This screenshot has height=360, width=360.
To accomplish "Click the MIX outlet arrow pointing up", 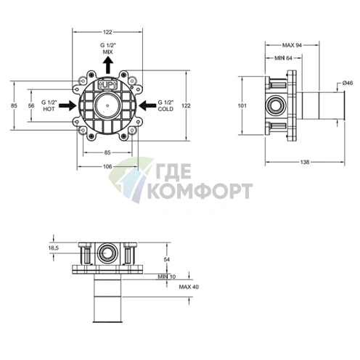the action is tap(108, 65).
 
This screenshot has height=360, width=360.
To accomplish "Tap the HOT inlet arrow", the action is tap(67, 105).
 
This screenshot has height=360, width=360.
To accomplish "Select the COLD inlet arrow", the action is tap(148, 105).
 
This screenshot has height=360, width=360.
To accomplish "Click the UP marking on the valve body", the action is tap(107, 85).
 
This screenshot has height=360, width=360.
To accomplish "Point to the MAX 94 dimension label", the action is tap(292, 45).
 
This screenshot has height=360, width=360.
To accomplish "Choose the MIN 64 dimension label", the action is tap(283, 58).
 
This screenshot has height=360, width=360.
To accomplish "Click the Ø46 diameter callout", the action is tap(348, 83).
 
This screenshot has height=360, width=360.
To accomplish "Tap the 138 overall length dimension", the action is tap(305, 162).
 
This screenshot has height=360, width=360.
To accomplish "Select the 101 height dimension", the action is tap(242, 105).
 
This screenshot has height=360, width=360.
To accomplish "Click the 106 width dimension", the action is tap(107, 166).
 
